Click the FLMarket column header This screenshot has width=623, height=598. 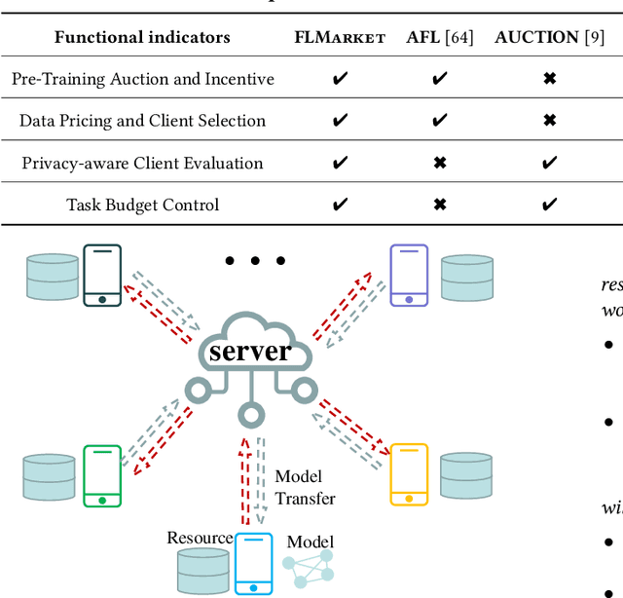click(x=340, y=38)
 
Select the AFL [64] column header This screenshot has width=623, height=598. click(x=439, y=38)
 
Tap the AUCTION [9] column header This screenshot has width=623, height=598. click(x=548, y=38)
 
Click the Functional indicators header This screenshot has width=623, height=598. click(x=142, y=38)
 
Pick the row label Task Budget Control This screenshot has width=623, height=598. click(x=142, y=205)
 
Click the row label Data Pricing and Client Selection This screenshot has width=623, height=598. click(x=142, y=121)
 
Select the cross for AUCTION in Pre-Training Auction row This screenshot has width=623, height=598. click(x=549, y=79)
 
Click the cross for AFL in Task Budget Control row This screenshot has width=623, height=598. click(x=439, y=205)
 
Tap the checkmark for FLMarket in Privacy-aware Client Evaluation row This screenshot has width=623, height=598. click(x=340, y=163)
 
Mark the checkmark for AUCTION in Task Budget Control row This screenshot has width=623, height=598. click(x=549, y=205)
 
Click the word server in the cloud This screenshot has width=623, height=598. click(x=250, y=351)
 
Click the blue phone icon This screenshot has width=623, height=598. click(x=253, y=563)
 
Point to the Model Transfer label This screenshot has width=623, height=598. click(x=305, y=487)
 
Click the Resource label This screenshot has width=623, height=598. click(x=200, y=538)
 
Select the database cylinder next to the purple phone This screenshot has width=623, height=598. click(x=466, y=279)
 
